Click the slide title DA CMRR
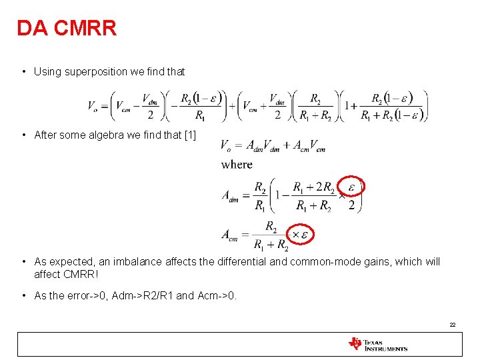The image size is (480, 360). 67,28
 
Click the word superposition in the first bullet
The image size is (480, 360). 96,71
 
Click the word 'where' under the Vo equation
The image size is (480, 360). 237,164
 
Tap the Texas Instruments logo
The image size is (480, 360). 378,345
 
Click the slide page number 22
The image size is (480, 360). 452,325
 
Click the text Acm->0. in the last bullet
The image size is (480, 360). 217,296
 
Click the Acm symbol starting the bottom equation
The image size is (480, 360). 231,235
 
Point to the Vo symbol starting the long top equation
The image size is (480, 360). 94,105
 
